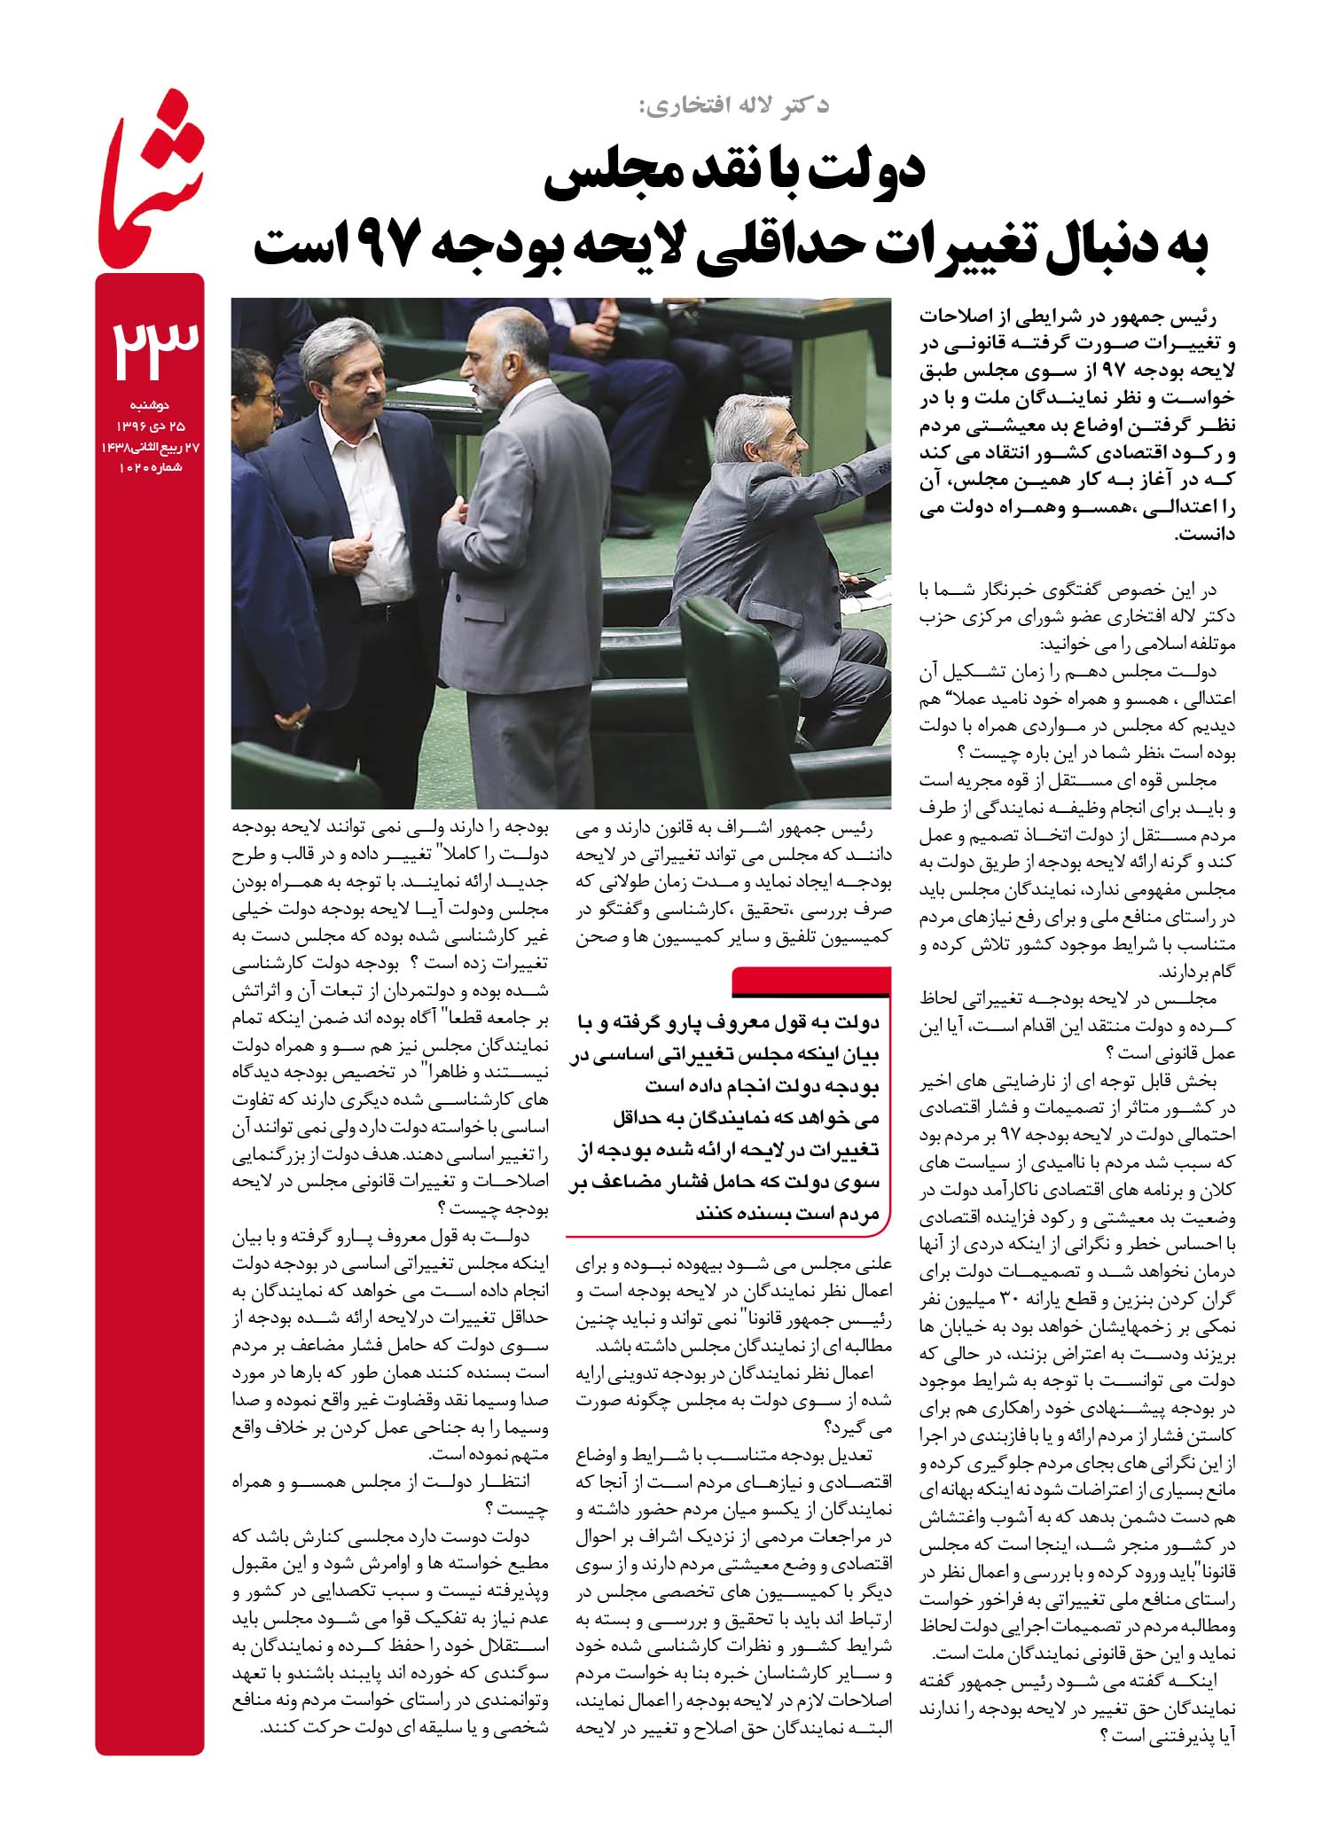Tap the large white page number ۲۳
pos(151,351)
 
